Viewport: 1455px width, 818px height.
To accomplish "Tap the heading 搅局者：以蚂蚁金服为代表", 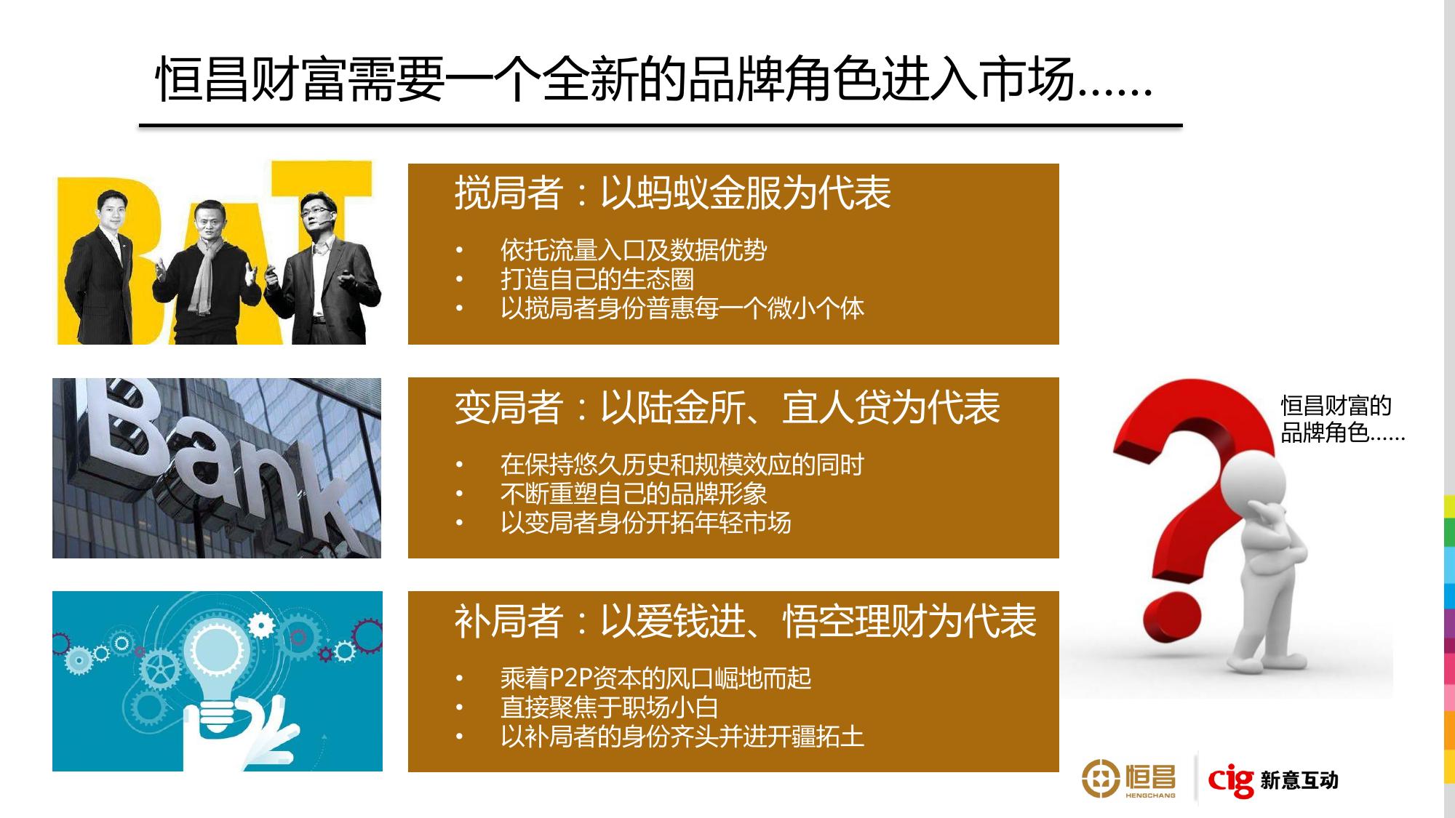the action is pos(673,193).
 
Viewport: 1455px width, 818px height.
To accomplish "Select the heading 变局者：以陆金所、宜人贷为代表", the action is pos(727,407).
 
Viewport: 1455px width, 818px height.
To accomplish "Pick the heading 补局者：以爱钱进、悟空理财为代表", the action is pos(746,622).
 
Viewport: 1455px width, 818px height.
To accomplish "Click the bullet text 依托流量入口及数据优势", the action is pos(634,250).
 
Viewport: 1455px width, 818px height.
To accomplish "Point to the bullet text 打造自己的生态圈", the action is pos(597,279).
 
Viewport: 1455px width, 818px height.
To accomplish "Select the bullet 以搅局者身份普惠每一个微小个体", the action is pos(682,308).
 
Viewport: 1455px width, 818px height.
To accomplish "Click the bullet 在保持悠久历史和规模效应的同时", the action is pos(682,465).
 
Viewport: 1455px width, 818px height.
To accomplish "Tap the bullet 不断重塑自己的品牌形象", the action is pos(634,494).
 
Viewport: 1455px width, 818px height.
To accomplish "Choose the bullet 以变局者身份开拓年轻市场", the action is pos(646,523).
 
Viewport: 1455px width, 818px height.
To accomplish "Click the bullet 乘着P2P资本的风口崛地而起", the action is pos(656,678).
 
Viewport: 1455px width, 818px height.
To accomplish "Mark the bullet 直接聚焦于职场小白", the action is pos(610,707).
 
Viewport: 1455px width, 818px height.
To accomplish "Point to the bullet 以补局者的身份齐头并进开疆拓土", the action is pos(682,737).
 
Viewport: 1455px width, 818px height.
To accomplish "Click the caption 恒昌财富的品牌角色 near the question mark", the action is pos(1342,419).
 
